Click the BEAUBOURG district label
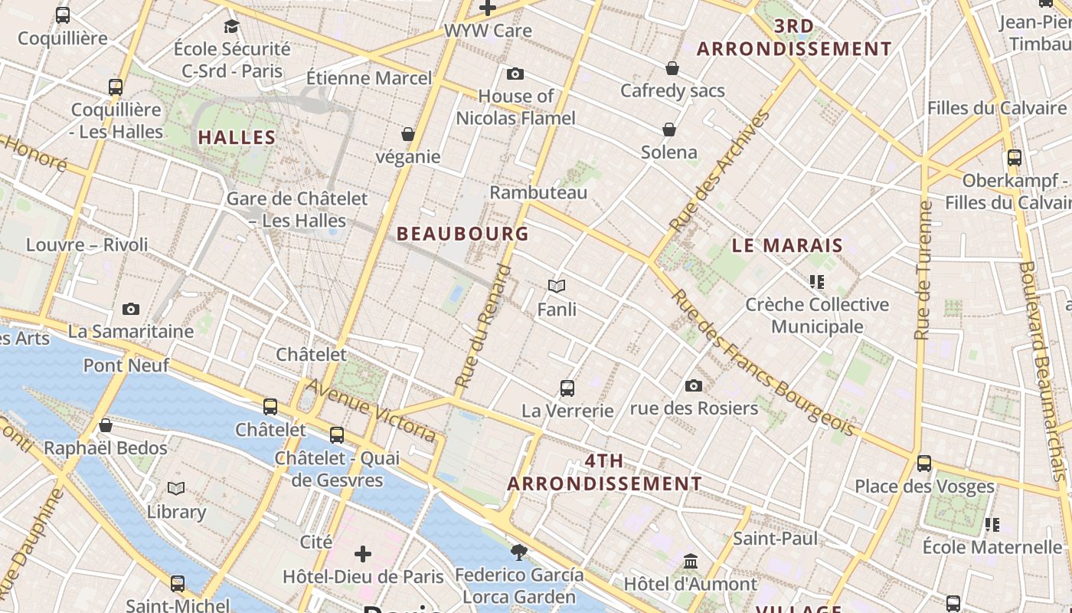[x=462, y=234]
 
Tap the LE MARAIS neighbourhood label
[x=787, y=246]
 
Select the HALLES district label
[x=237, y=138]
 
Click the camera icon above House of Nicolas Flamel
[x=515, y=74]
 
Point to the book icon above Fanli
[x=557, y=286]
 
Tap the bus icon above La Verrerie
[x=567, y=388]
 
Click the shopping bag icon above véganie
[x=408, y=134]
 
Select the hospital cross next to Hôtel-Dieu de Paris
[x=363, y=553]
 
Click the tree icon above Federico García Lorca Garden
[x=519, y=552]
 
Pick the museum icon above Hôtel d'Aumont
[x=691, y=561]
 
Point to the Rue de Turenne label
[x=923, y=270]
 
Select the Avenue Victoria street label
[x=371, y=409]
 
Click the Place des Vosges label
[x=924, y=487]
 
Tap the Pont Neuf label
[x=126, y=365]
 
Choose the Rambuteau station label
[x=538, y=192]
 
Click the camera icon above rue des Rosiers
[x=694, y=385]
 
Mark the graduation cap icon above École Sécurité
[x=231, y=27]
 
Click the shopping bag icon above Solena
[x=669, y=129]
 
